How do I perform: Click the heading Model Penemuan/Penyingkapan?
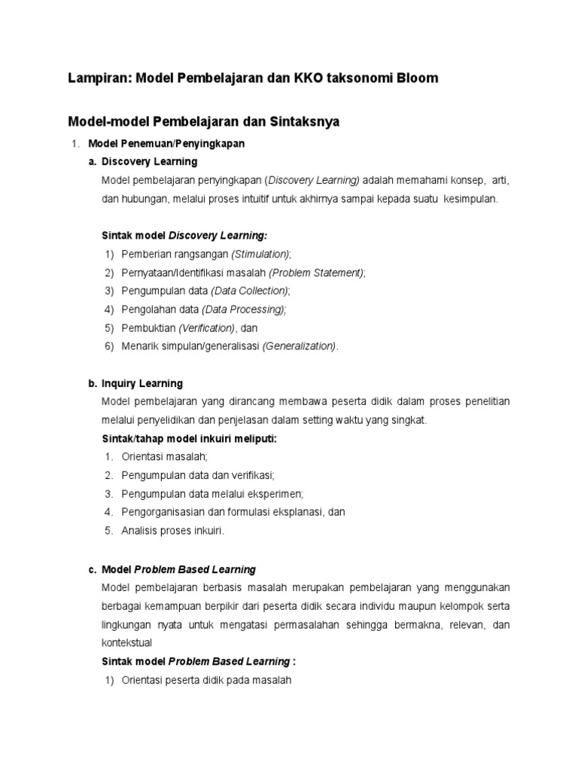[166, 143]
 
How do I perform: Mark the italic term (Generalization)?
[300, 346]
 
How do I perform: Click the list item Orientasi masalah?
[164, 457]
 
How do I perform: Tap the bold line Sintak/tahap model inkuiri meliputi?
[189, 438]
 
